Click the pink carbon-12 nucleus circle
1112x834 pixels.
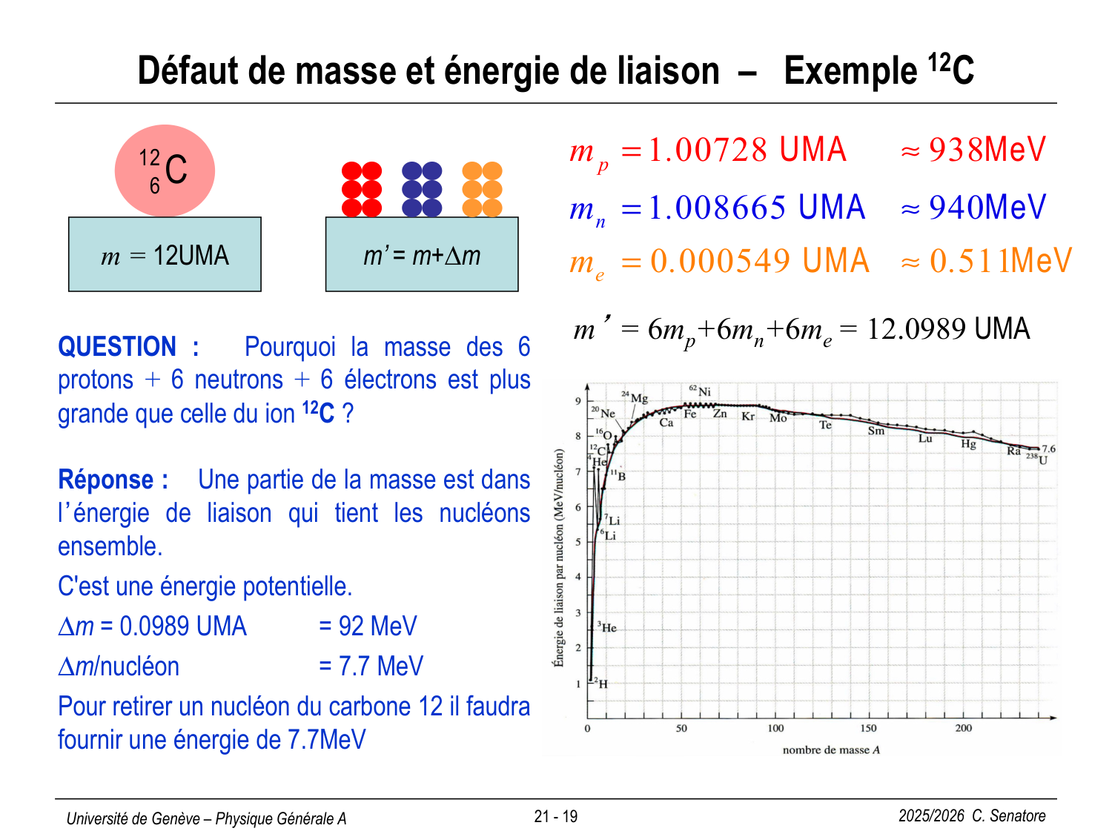pos(165,171)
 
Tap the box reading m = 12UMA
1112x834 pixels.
pos(165,254)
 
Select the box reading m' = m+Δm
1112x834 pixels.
pos(422,254)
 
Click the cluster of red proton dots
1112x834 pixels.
pos(362,189)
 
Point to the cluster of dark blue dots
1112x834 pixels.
pos(422,189)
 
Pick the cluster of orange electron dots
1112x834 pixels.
pos(482,189)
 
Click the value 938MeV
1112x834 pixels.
pos(987,150)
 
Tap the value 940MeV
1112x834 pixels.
pos(987,208)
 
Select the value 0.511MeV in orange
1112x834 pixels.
pos(1000,261)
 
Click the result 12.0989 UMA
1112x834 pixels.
pos(948,329)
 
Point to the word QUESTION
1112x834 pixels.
pos(117,347)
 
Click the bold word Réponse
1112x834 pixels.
pos(106,480)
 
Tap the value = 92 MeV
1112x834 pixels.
pos(368,626)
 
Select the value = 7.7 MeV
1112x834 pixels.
pos(371,666)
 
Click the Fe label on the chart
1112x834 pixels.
pos(689,414)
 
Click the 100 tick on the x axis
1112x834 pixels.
pos(775,728)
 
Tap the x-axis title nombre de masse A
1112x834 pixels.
pos(831,750)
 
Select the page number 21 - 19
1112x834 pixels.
pos(555,816)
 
